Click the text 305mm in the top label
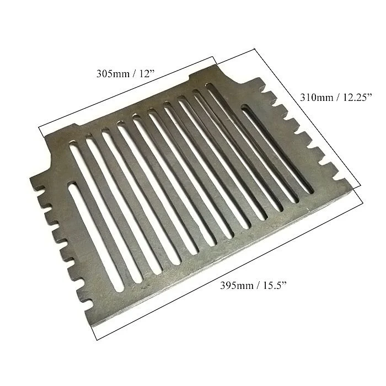[112, 73]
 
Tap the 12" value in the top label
[147, 73]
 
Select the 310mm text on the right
[316, 98]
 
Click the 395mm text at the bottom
[237, 286]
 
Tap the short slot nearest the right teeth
[278, 148]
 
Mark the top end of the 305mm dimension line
[212, 57]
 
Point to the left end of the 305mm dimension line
[39, 127]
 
